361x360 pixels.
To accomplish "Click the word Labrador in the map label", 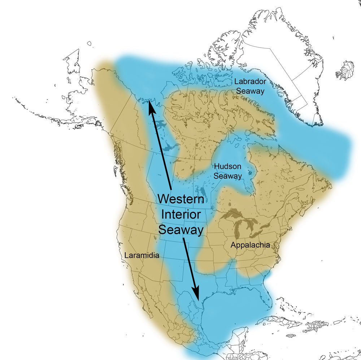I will (249, 82).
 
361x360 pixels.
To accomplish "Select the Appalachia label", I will (250, 245).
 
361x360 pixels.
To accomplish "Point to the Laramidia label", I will (142, 255).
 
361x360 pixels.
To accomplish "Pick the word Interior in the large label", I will (181, 215).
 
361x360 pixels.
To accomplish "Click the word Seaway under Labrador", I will (249, 91).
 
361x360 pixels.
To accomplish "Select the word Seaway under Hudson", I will (227, 176).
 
